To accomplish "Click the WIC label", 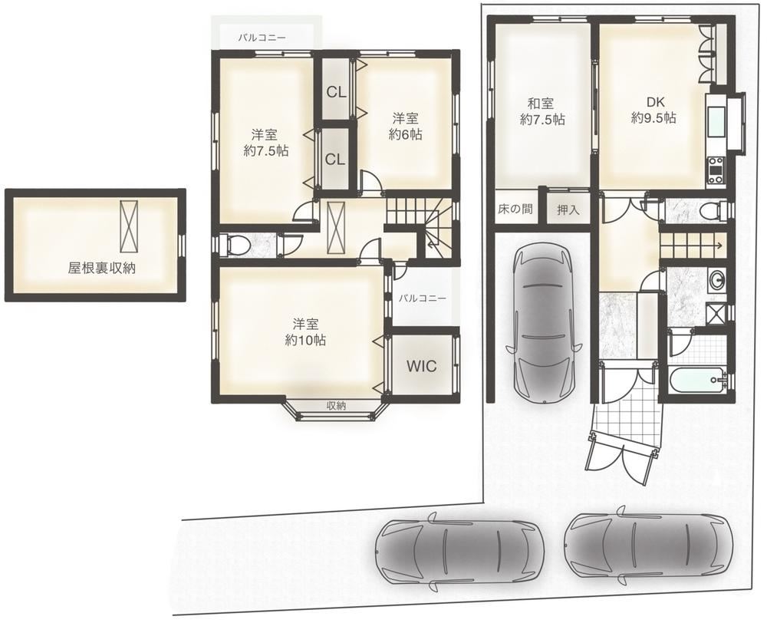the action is pos(421,366).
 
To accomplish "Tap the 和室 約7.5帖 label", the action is pos(542,111).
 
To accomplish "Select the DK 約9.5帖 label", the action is pos(653,110).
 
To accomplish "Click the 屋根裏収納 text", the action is pos(101,268).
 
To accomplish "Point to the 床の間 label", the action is pos(515,209).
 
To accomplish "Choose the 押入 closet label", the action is pos(568,209).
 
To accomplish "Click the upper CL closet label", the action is pos(336,92).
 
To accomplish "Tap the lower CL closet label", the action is pos(335,159).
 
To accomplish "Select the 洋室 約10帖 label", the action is pos(306,332).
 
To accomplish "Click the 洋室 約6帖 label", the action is pos(406,127).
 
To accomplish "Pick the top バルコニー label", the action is pos(262,37).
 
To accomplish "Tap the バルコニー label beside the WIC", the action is pos(422,298).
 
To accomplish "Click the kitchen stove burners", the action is pos(715,171).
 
